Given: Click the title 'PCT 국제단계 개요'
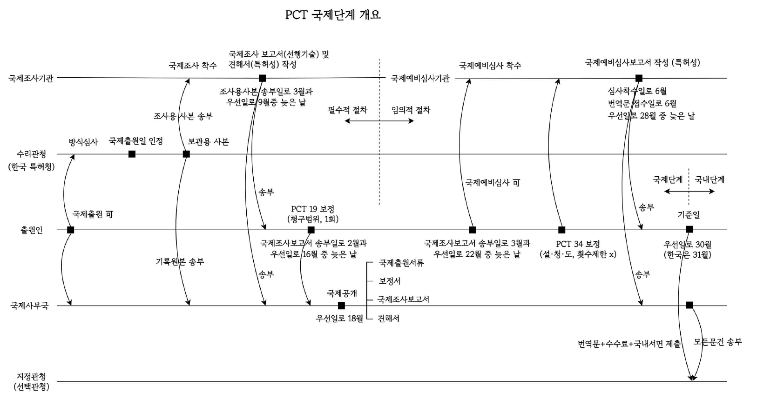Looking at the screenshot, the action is click(x=332, y=15).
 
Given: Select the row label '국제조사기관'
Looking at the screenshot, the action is click(x=31, y=78).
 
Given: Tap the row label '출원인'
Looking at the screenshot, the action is click(x=32, y=230).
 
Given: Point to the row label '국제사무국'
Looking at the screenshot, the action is click(x=29, y=306).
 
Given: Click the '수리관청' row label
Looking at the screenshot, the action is click(x=31, y=154).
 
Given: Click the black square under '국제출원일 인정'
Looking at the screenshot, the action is click(x=132, y=154).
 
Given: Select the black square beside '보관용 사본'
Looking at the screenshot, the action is click(x=186, y=154).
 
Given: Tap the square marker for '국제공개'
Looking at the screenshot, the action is click(x=341, y=306).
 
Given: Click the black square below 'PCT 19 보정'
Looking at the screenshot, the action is click(x=311, y=230).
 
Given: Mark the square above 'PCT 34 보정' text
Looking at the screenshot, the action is click(x=561, y=230).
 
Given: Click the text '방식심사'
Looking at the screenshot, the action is click(x=83, y=142).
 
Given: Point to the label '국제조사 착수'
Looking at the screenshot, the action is click(x=192, y=66).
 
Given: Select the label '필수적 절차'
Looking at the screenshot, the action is click(x=347, y=110).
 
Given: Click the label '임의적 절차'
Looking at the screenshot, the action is click(x=411, y=110).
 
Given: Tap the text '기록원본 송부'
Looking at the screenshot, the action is click(x=180, y=262).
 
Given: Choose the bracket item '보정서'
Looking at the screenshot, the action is click(x=390, y=281).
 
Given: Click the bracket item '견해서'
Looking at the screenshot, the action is click(x=388, y=319).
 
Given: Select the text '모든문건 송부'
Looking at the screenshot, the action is click(x=717, y=342).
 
